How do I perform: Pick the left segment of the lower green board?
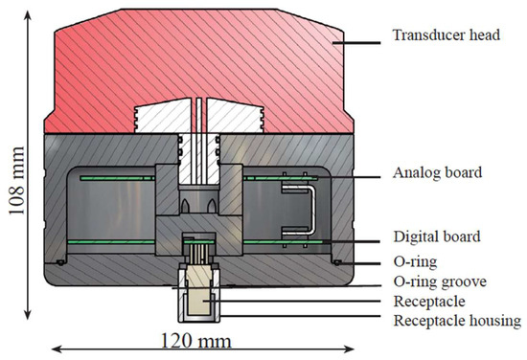pos(105,239)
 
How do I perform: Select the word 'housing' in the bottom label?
pos(490,320)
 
